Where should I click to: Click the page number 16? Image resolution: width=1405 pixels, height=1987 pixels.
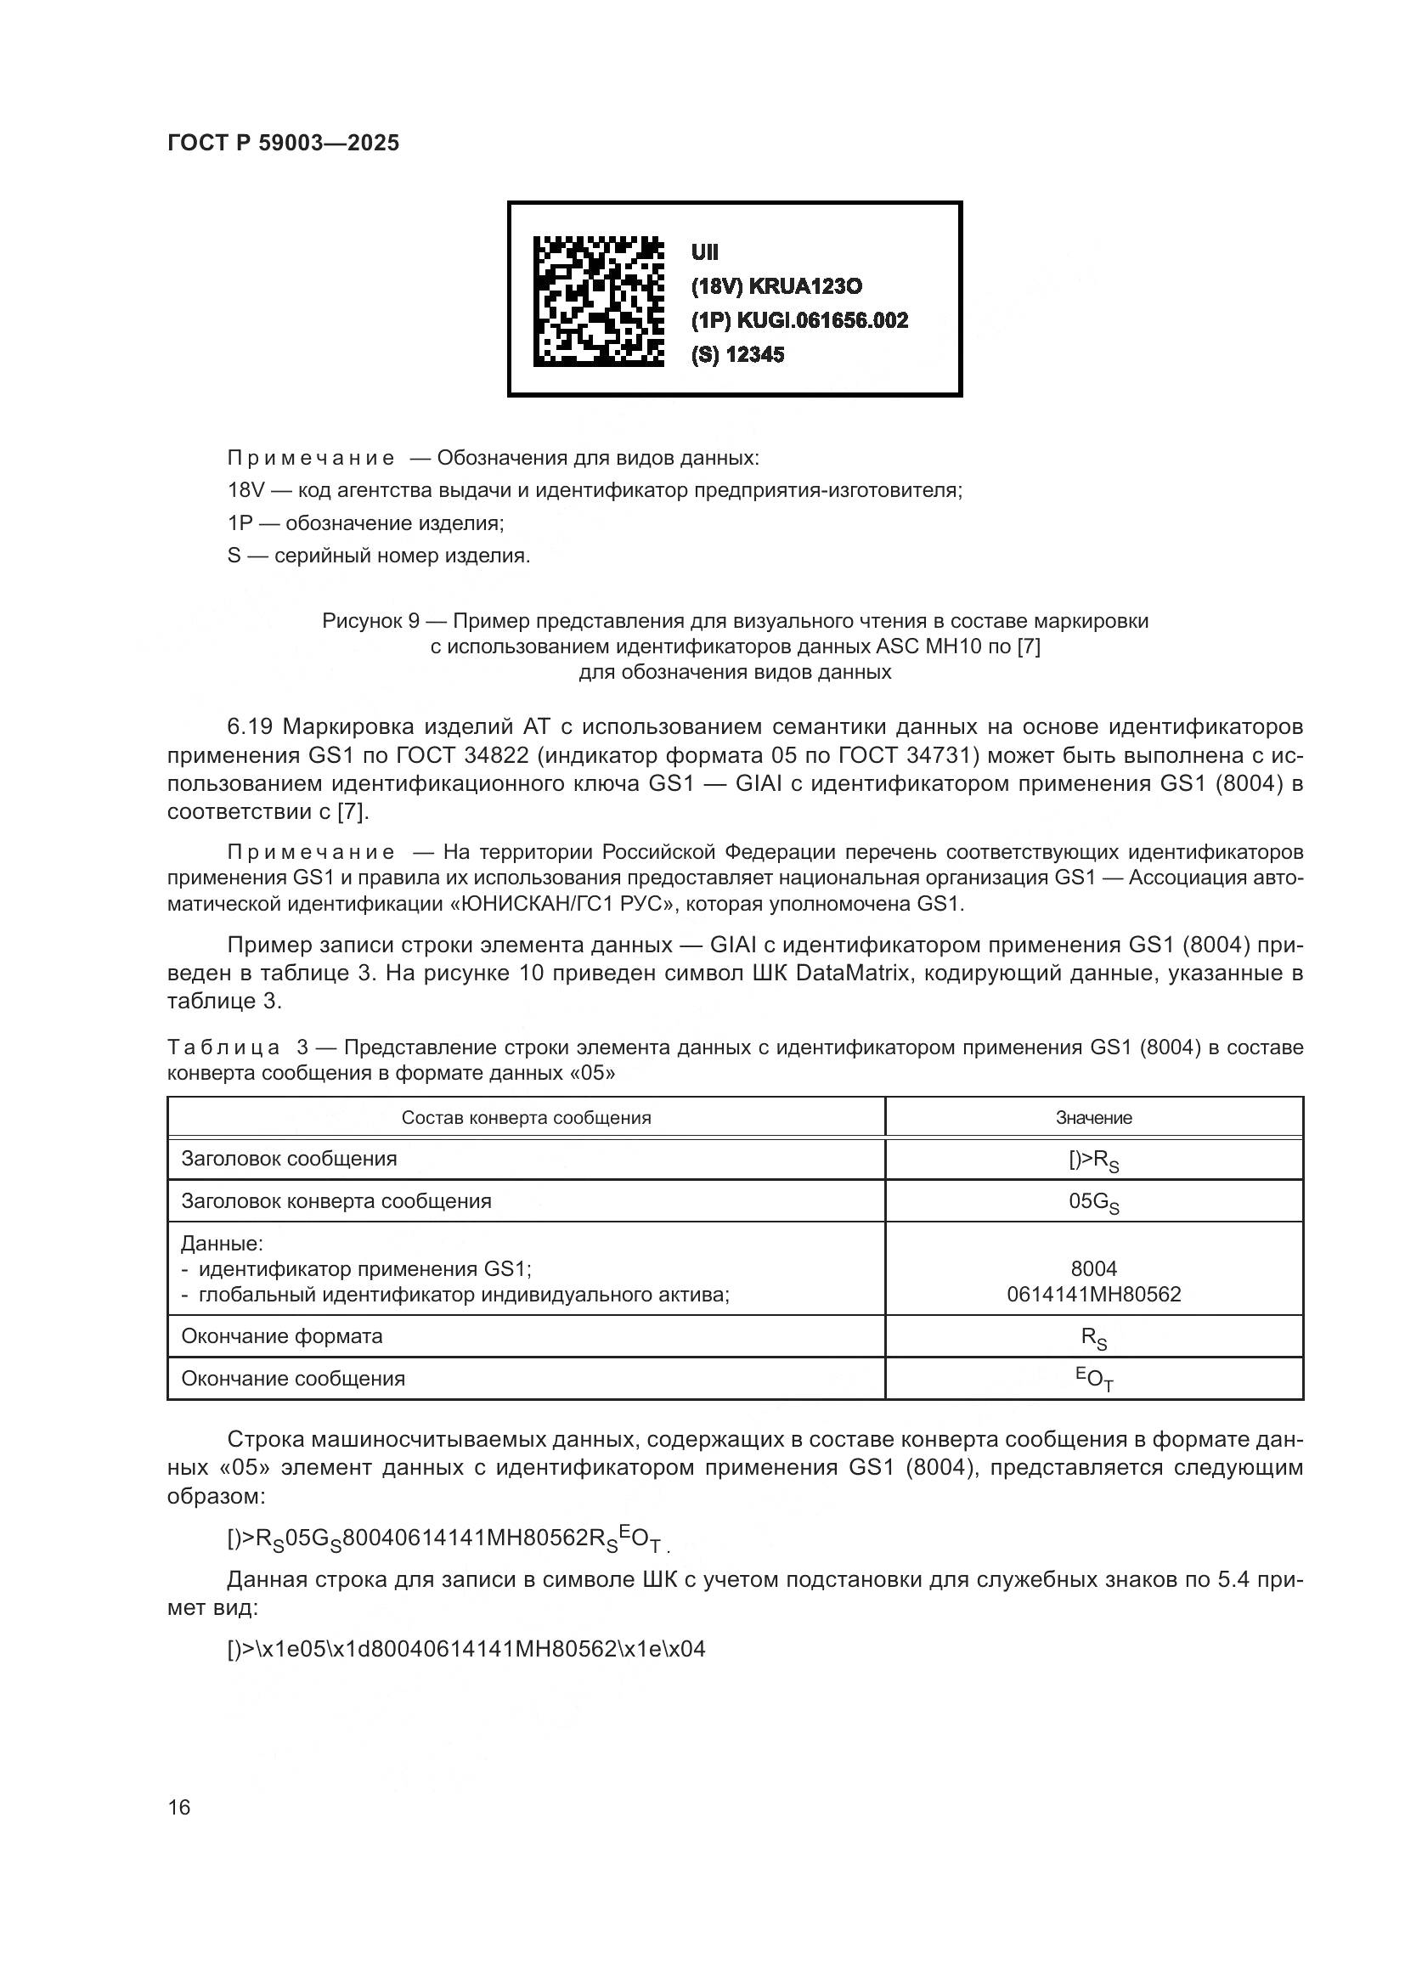(179, 1807)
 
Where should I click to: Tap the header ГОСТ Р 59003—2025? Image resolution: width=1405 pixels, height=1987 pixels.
(283, 143)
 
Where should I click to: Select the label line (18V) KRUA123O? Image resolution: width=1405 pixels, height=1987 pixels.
(776, 286)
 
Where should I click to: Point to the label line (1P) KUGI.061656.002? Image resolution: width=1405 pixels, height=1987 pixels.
(799, 321)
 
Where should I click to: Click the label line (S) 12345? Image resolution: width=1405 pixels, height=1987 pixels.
(737, 355)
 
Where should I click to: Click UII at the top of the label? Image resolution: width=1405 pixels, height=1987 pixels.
(704, 252)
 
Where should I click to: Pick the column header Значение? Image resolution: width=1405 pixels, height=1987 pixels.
(1093, 1118)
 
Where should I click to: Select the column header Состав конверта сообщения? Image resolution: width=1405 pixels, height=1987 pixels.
(526, 1118)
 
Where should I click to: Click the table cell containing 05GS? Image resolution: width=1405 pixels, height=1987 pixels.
(1093, 1202)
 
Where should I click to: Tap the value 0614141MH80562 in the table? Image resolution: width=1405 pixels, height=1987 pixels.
(1093, 1295)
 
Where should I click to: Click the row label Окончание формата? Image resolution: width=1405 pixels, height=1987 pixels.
(282, 1336)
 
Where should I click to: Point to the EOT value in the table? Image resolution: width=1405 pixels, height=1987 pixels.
(1093, 1379)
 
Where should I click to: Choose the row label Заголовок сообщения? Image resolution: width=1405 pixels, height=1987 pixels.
(289, 1159)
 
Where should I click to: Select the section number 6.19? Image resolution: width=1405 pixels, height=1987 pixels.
(250, 726)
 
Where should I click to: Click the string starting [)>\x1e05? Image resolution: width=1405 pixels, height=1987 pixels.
(466, 1649)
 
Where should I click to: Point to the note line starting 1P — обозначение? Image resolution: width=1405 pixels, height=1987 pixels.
(365, 522)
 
